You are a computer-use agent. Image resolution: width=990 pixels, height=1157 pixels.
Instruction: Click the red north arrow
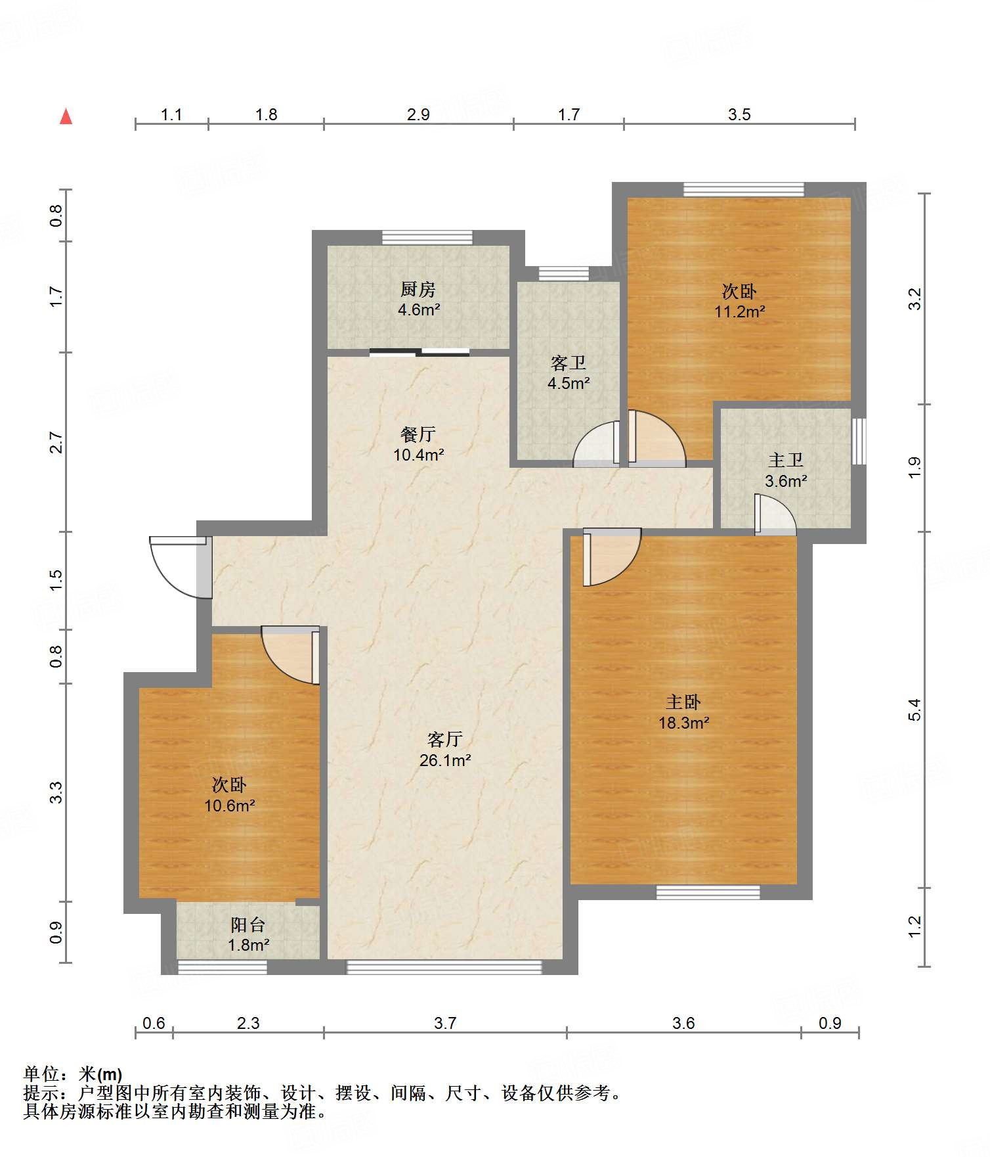coord(66,116)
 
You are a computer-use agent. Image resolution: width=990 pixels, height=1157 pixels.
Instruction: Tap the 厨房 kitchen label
coord(418,289)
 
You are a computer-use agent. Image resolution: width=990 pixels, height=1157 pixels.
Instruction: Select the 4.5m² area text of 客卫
coord(569,383)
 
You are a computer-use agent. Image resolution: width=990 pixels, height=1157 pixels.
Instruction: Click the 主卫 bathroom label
coord(786,460)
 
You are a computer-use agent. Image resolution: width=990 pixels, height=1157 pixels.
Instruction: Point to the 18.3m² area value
coord(683,723)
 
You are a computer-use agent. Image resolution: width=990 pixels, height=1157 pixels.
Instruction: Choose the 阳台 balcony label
coord(248,925)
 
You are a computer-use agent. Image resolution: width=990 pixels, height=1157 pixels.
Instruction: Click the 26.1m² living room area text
coord(445,760)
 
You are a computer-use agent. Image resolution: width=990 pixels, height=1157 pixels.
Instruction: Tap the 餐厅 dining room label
coord(418,434)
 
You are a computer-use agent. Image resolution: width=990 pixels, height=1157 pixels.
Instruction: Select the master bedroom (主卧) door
coord(611,556)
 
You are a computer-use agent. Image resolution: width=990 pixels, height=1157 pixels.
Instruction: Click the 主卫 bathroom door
coord(775,514)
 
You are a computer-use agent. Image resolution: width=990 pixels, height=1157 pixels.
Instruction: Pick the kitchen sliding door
coord(420,352)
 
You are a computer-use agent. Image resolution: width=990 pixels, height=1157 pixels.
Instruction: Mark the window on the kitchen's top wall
coord(427,237)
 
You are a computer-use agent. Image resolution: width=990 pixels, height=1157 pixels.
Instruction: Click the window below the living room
coord(444,966)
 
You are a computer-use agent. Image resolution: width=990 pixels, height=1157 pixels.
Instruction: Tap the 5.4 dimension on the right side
coord(915,710)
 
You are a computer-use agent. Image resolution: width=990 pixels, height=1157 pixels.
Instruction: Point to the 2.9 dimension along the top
coord(418,114)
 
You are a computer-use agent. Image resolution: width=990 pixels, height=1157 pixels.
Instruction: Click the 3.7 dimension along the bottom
coord(445,1023)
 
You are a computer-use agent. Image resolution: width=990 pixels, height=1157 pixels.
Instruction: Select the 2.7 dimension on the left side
coord(56,442)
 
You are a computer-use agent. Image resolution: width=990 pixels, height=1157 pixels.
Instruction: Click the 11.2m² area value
coord(740,311)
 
